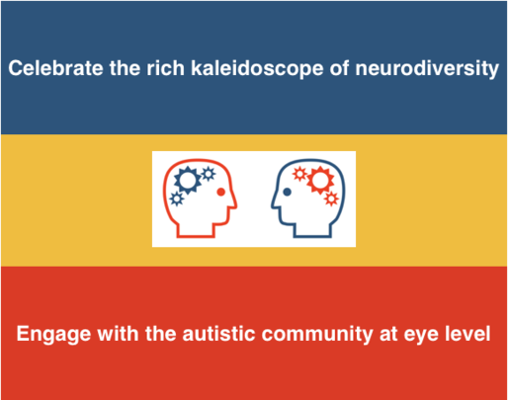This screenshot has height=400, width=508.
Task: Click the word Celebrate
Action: tap(55, 68)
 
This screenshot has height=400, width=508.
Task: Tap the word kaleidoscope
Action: tap(257, 69)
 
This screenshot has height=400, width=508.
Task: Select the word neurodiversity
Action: tap(427, 69)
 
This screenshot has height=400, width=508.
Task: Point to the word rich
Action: tap(165, 68)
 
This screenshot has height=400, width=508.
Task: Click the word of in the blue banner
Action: tap(339, 68)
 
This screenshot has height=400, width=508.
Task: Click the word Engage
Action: tap(53, 334)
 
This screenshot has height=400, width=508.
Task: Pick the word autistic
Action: tap(218, 334)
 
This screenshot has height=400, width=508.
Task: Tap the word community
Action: tap(317, 335)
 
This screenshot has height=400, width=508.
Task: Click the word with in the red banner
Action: tap(118, 334)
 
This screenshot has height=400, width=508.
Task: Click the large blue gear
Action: tap(188, 180)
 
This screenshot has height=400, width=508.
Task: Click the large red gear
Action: tap(320, 180)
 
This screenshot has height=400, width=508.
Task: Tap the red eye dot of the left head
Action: tap(220, 192)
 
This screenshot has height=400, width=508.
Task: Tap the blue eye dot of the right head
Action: tap(287, 192)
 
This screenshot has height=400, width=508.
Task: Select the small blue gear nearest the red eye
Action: tap(209, 174)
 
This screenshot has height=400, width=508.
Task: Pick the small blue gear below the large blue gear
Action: tap(177, 199)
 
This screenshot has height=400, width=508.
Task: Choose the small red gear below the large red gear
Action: tap(331, 199)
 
